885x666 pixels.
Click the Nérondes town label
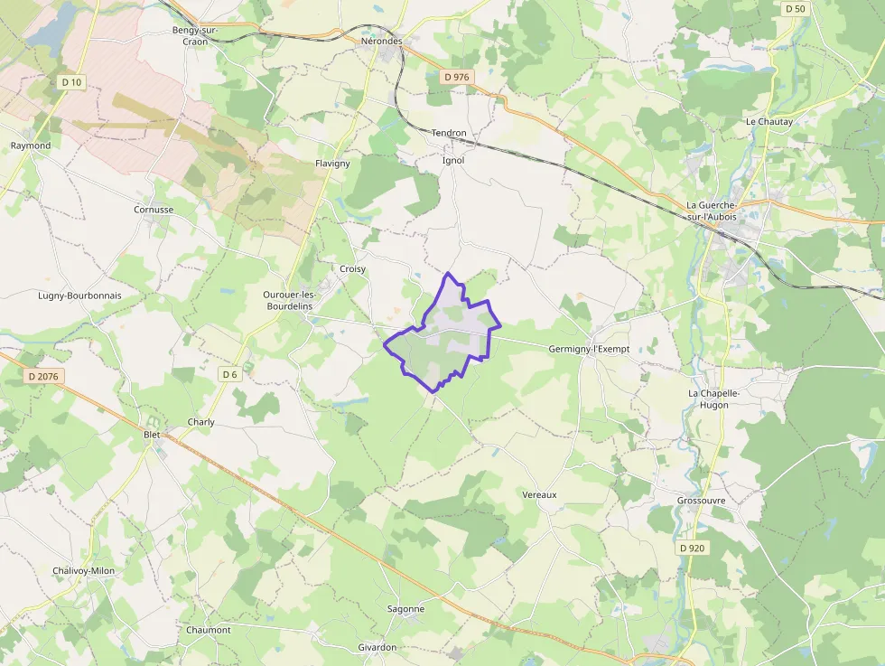(x=381, y=42)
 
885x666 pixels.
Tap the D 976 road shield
(x=457, y=78)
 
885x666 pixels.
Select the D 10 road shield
(x=71, y=82)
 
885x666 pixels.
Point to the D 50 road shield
(x=795, y=8)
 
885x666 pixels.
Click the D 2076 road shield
(x=42, y=376)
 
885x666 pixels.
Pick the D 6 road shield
(x=229, y=374)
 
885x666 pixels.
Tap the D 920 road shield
(x=690, y=549)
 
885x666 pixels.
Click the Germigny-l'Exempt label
(x=588, y=349)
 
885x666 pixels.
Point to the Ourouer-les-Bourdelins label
(x=288, y=300)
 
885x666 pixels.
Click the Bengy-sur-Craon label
(x=195, y=35)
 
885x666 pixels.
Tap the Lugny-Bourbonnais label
(x=79, y=295)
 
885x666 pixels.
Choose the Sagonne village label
(x=405, y=609)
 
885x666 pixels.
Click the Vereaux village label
(x=540, y=494)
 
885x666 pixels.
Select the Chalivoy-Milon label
(x=84, y=570)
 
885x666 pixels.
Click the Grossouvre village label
(x=702, y=501)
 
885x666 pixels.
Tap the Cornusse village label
(x=154, y=209)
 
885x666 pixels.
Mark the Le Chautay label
(x=769, y=121)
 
